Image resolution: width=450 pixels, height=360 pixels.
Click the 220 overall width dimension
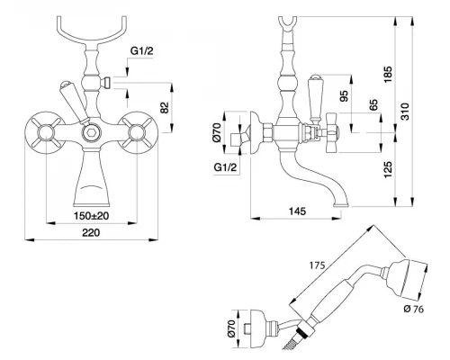[91, 232]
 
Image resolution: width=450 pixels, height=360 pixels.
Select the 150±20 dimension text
[91, 215]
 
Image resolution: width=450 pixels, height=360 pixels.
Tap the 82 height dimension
[165, 107]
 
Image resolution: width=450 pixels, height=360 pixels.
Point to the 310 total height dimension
[405, 112]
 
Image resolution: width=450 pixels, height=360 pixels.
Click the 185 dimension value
[388, 75]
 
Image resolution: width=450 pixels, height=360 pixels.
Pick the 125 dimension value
[388, 169]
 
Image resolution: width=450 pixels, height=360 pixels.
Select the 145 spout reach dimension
[297, 211]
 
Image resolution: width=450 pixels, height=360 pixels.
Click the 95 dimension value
[345, 96]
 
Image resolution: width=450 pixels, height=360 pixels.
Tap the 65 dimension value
[373, 105]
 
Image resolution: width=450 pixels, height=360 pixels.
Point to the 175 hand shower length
[318, 265]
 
